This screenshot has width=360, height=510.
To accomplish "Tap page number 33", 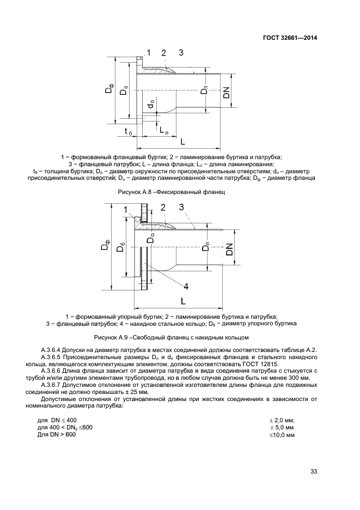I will pyautogui.click(x=313, y=471).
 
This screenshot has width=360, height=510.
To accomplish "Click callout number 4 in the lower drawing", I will pyautogui.click(x=186, y=286).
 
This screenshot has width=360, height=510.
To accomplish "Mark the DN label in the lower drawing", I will pyautogui.click(x=229, y=249).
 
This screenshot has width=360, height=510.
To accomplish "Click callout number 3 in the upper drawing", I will pyautogui.click(x=181, y=53).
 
